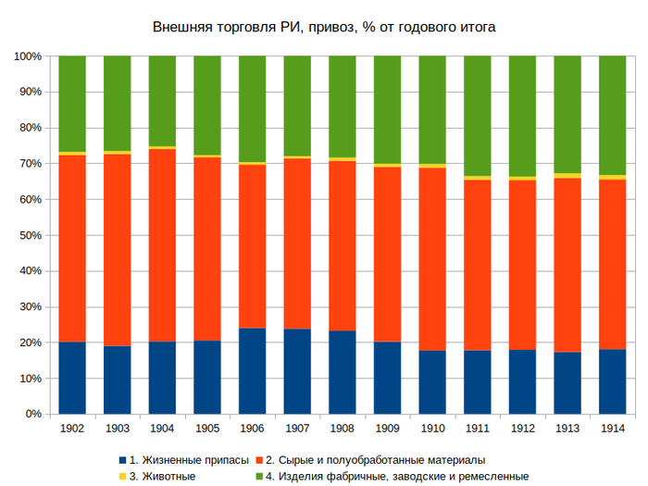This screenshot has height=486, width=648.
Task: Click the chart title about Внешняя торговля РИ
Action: coord(324,27)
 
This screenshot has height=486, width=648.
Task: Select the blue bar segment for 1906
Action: coord(253,370)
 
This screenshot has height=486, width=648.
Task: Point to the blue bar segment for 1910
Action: coord(432,381)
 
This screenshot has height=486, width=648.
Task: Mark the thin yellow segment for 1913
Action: coord(567,175)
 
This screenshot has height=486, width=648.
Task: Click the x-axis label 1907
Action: coord(297,429)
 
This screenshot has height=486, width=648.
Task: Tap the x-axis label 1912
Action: coord(522,429)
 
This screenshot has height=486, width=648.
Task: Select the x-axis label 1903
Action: coord(117,429)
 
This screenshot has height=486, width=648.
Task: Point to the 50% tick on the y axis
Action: coord(28,235)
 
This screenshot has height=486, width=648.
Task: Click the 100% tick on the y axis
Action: coord(25,56)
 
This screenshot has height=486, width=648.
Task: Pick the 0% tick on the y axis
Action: coord(31,414)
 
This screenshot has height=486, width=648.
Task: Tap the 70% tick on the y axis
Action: coord(28,164)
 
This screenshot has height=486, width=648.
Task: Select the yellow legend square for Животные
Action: coord(122,476)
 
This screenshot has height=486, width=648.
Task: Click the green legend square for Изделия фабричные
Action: coord(259,476)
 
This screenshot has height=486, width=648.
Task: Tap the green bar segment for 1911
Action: coord(477,115)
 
